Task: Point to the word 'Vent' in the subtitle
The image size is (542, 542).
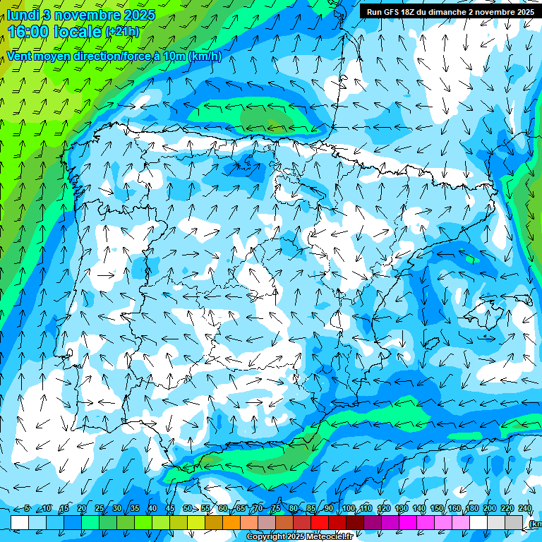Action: pyautogui.click(x=20, y=56)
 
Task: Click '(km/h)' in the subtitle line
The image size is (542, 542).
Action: pyautogui.click(x=205, y=56)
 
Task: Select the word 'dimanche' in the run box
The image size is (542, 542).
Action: pyautogui.click(x=458, y=12)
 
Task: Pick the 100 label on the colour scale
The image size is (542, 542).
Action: pyautogui.click(x=348, y=509)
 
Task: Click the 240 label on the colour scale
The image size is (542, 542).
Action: pyautogui.click(x=525, y=509)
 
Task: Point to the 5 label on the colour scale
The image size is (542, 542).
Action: pyautogui.click(x=27, y=509)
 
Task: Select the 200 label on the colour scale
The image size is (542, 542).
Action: pyautogui.click(x=490, y=509)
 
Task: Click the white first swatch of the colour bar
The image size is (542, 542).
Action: pyautogui.click(x=20, y=522)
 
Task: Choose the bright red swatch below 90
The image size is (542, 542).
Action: pyautogui.click(x=320, y=522)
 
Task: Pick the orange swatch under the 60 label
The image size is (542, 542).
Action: pyautogui.click(x=214, y=522)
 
